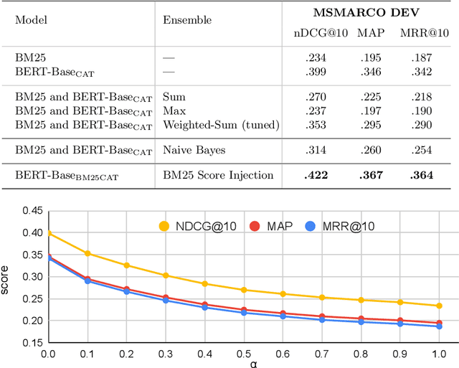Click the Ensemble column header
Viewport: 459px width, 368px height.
(x=187, y=21)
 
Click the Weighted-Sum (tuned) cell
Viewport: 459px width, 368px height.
(x=220, y=126)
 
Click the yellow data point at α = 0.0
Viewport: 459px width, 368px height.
(x=48, y=233)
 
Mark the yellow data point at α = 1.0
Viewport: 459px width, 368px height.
(x=437, y=306)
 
